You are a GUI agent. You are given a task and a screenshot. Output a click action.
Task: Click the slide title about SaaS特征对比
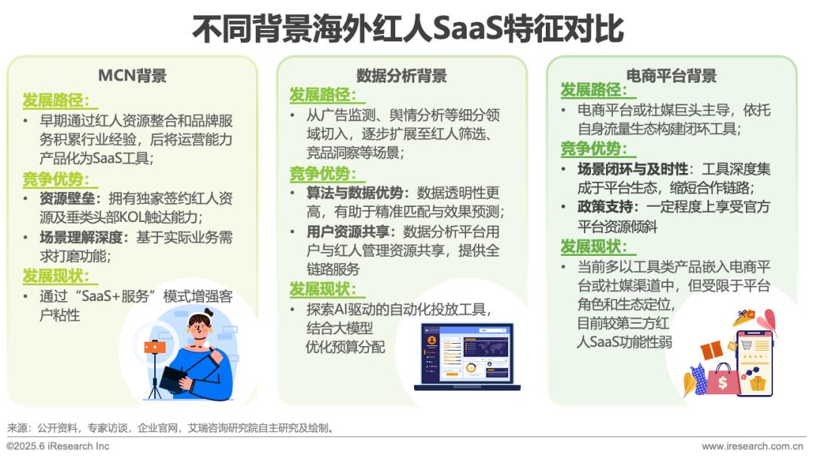(407, 29)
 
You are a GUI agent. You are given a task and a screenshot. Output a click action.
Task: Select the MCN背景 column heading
(132, 76)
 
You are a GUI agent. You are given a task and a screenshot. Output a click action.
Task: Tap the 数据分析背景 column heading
(401, 76)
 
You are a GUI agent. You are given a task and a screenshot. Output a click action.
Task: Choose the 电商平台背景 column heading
(671, 76)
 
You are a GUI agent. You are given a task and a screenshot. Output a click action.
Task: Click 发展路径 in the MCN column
(56, 100)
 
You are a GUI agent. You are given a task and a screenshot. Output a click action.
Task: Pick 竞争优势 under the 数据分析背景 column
(322, 174)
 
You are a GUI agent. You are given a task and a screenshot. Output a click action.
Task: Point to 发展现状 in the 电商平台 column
(594, 247)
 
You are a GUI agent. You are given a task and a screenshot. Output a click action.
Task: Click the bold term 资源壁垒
(68, 199)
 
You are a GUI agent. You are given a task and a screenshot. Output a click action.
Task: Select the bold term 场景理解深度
(81, 237)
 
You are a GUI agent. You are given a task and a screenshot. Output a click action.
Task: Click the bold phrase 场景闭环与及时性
(632, 169)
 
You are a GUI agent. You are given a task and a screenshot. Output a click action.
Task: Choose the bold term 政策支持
(605, 207)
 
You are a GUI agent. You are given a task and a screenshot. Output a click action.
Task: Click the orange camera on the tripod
(154, 347)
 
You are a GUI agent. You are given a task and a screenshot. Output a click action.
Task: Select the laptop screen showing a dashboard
(467, 354)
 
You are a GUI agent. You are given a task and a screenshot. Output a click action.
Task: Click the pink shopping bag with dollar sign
(722, 381)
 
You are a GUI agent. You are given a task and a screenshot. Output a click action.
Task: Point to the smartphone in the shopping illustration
(755, 363)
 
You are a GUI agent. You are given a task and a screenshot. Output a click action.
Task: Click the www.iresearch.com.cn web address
(752, 446)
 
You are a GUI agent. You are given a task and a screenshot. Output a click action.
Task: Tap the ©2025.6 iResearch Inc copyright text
(58, 446)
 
